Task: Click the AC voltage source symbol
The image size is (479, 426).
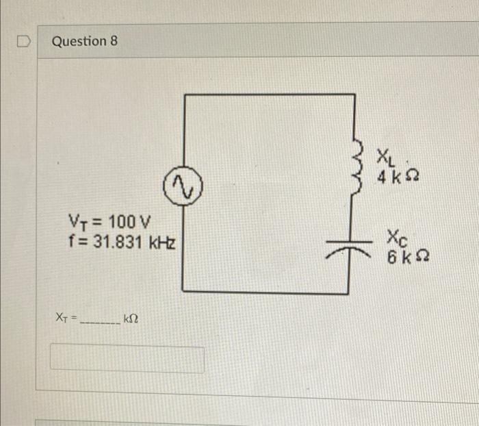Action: (183, 186)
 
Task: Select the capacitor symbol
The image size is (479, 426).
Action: (349, 249)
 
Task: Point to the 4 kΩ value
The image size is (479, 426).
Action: (398, 177)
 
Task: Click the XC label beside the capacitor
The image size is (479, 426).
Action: (397, 238)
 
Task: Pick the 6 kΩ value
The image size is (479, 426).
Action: (408, 256)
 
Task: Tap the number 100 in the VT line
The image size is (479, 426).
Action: (122, 221)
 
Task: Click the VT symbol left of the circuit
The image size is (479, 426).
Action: (78, 223)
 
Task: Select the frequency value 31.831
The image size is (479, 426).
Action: (118, 242)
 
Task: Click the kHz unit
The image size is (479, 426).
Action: (162, 242)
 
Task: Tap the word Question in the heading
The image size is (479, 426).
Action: (79, 41)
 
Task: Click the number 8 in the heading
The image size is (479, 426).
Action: (114, 40)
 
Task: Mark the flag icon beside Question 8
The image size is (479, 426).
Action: (23, 41)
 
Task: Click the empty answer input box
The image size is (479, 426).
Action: (127, 358)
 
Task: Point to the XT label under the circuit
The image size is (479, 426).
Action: (62, 317)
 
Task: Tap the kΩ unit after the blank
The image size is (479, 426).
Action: (131, 318)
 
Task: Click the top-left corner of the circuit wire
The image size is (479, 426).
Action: (185, 95)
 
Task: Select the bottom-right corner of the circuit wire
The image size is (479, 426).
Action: (348, 293)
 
